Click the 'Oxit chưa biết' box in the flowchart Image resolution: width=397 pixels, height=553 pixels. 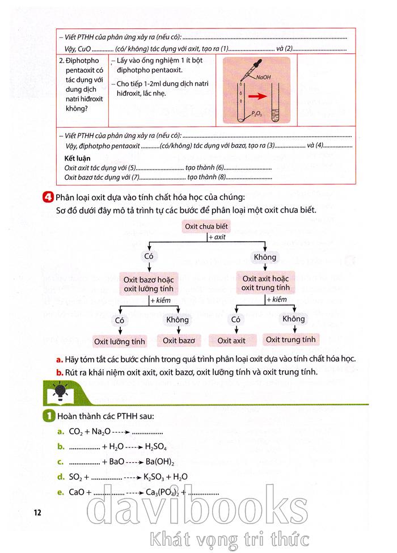pos(206,227)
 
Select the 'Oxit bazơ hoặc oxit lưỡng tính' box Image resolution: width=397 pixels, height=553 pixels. pos(149,284)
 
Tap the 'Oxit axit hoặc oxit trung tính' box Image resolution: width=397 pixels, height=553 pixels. pos(265,283)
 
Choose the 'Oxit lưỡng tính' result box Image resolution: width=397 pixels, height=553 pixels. pos(120,341)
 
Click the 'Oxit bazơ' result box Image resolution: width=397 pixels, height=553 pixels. pos(179,340)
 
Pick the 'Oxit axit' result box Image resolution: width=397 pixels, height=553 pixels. pos(231,340)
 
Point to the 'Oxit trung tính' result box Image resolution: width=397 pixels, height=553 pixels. pos(291,340)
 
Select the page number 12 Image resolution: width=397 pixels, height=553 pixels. pos(37,512)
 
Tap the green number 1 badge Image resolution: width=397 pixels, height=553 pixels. pos(48,417)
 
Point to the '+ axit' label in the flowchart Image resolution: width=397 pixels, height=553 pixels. pos(217,237)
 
